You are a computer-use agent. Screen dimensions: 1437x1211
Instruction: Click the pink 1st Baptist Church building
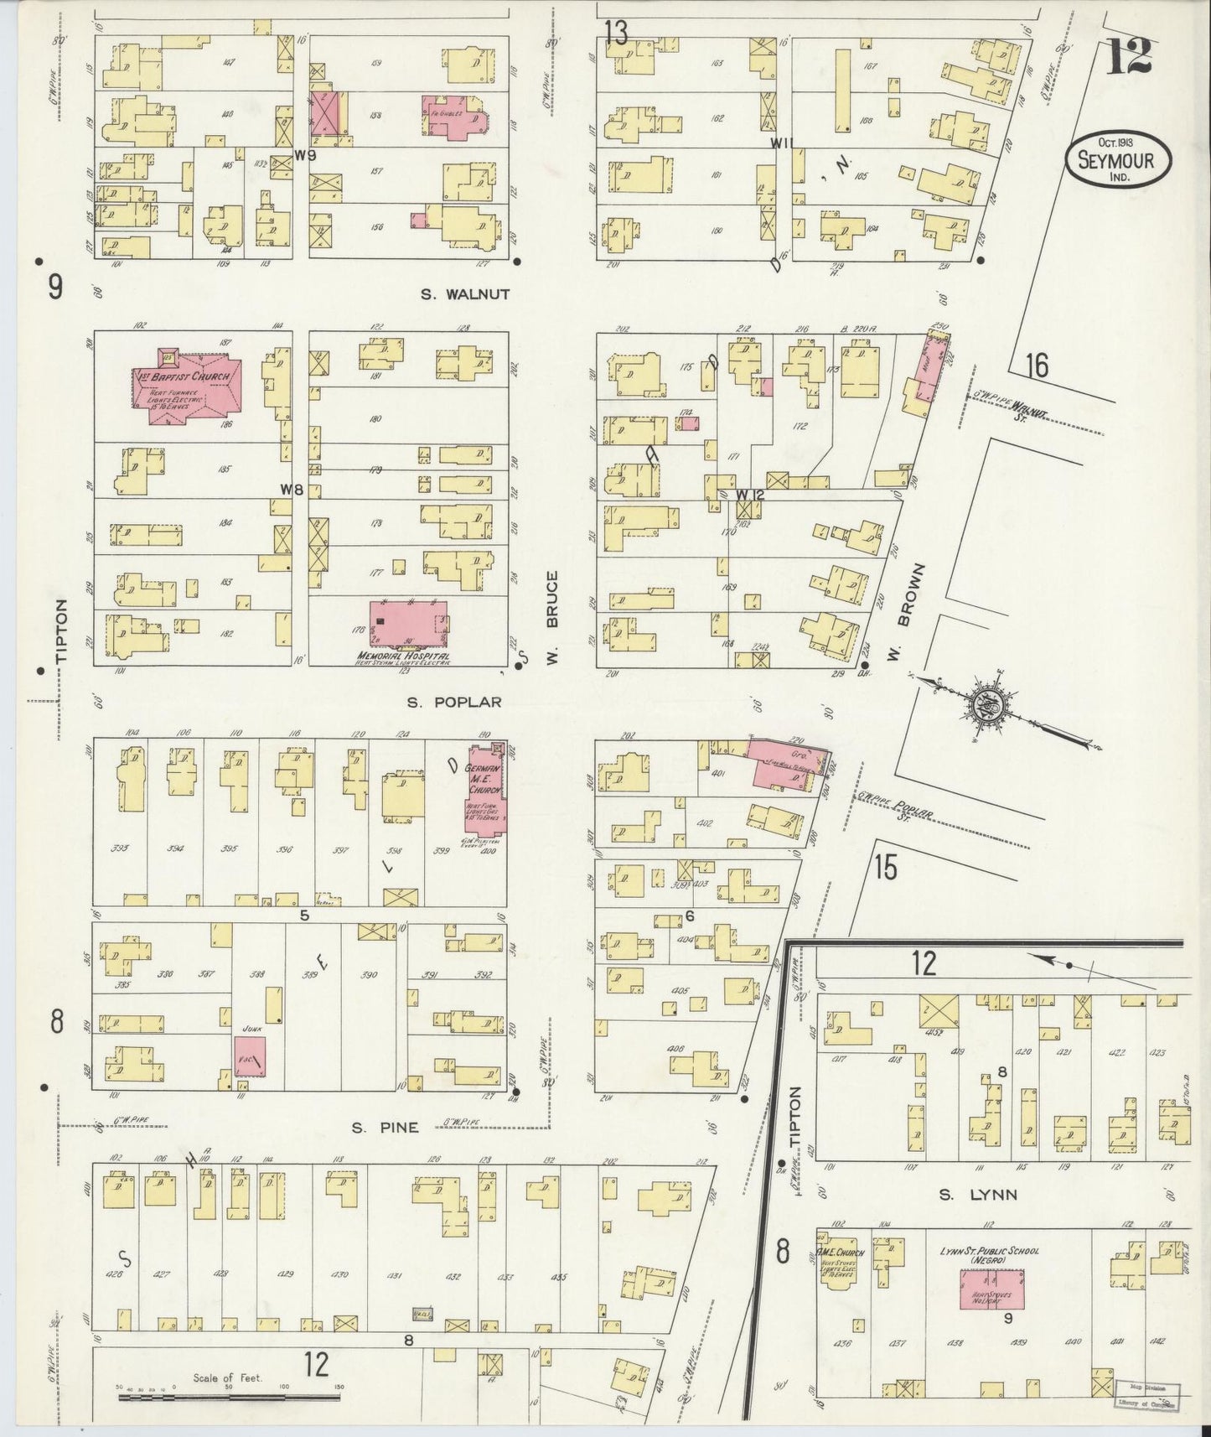(189, 388)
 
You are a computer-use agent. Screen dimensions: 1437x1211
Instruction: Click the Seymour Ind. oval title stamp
(1118, 159)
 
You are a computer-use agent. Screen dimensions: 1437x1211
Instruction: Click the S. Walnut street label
(467, 294)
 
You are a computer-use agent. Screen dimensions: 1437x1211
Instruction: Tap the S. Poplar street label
(454, 702)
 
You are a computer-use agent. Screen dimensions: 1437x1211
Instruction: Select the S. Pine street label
(385, 1128)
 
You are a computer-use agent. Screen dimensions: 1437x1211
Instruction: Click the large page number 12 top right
(1128, 59)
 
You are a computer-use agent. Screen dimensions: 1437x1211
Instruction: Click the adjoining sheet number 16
(1036, 366)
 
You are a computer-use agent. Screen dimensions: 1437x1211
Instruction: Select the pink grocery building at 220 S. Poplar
(783, 763)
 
